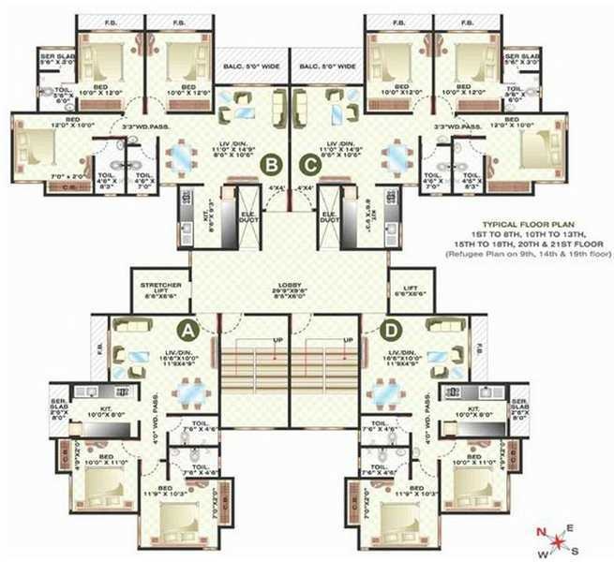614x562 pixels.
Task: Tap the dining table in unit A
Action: point(192,391)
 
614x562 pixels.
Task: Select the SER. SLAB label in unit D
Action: point(519,408)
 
